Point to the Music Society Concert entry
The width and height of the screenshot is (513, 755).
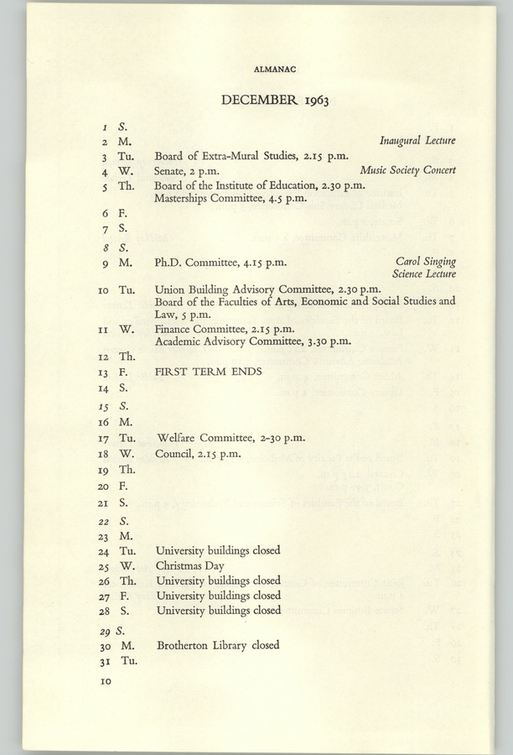pos(407,170)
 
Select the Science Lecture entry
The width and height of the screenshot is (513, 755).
pos(423,274)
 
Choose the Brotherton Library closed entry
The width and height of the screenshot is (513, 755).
pos(217,645)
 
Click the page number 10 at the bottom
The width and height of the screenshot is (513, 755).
pos(106,683)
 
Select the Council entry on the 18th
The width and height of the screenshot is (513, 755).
pos(199,454)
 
